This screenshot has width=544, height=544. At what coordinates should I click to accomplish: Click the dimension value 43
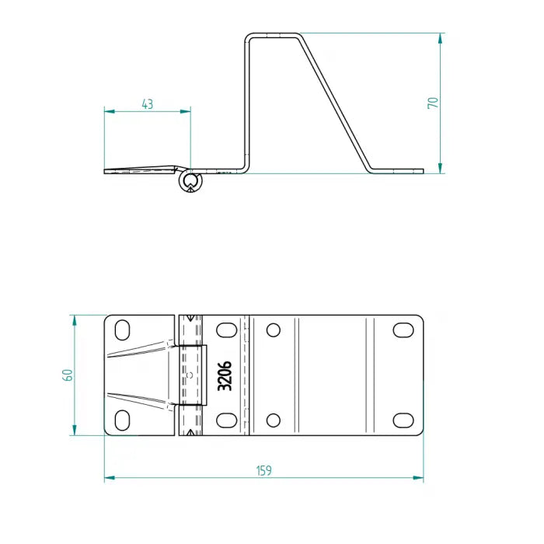click(x=147, y=103)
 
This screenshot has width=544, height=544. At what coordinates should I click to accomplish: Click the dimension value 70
click(x=433, y=102)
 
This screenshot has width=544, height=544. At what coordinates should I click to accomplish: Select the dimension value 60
click(x=68, y=375)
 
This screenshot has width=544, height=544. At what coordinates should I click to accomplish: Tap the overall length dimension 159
click(x=263, y=470)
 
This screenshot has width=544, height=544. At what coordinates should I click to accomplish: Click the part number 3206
click(x=225, y=375)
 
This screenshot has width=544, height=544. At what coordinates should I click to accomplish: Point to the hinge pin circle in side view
click(x=190, y=183)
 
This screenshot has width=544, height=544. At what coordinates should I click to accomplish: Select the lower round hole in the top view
click(x=273, y=420)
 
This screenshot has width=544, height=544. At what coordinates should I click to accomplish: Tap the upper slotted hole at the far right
click(x=403, y=330)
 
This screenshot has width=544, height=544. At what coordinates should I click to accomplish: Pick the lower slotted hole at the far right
click(x=403, y=420)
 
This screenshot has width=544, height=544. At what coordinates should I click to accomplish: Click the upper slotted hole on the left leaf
click(x=123, y=330)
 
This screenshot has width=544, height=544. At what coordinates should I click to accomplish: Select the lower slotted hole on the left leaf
click(x=123, y=420)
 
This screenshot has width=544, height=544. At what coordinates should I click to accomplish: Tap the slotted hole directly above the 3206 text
click(x=225, y=330)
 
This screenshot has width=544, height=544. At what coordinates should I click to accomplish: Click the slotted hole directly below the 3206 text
click(x=225, y=420)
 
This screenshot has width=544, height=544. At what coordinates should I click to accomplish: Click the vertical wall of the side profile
click(x=248, y=101)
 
